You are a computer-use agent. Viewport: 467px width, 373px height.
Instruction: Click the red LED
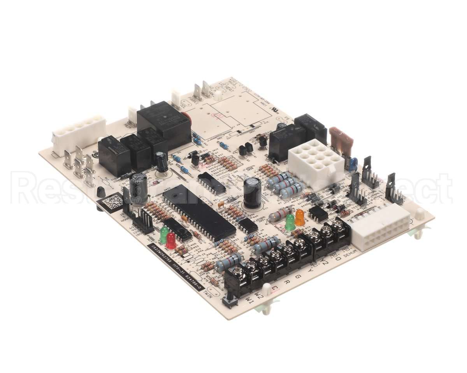pos(171,241)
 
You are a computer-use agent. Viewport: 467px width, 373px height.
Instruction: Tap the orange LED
pos(300,218)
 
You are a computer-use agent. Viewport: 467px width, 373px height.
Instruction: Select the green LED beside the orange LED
pos(290,222)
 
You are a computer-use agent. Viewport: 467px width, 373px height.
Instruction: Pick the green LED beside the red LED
pos(164,234)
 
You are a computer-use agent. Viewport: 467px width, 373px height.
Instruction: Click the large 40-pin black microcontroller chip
pos(199,212)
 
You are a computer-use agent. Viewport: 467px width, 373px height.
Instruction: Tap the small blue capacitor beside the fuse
pos(353,164)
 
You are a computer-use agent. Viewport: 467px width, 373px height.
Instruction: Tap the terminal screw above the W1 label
pos(238,275)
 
